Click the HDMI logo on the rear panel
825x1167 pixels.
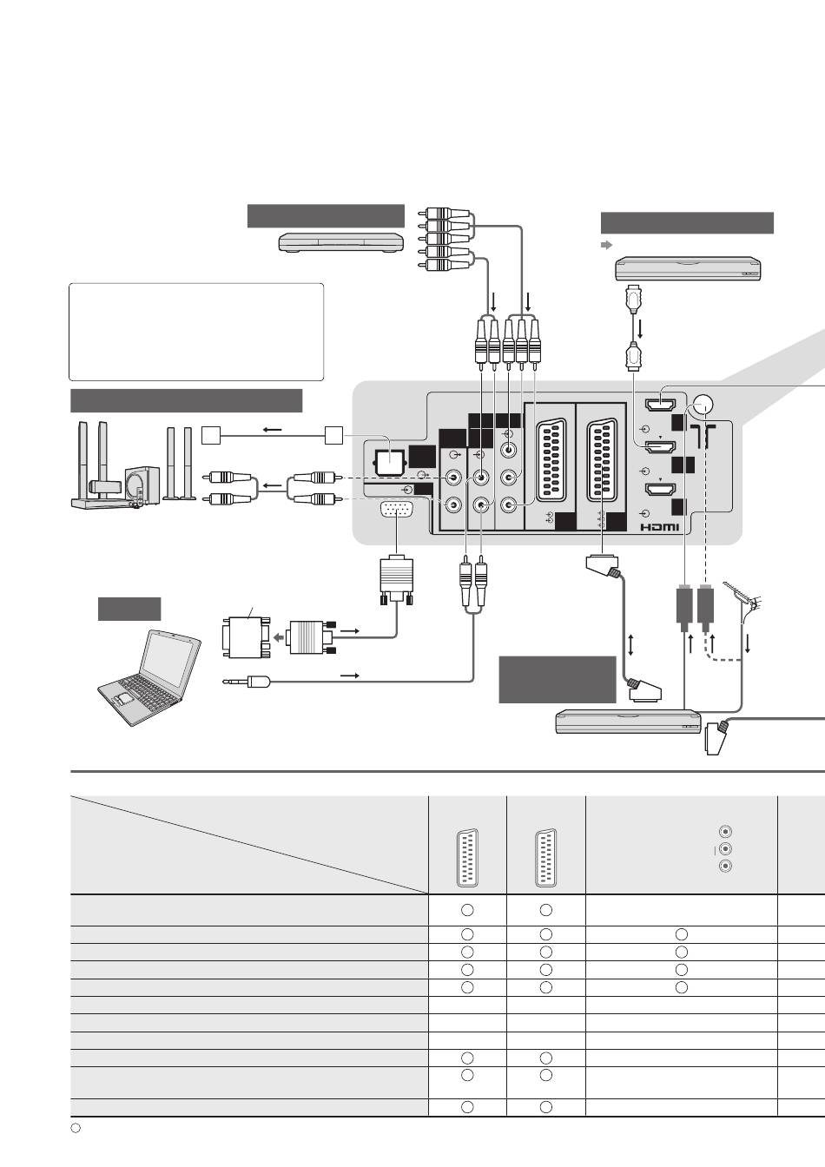[x=659, y=527]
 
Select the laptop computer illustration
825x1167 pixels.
[x=149, y=678]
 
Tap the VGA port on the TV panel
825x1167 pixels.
[x=397, y=510]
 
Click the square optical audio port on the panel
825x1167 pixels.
[x=386, y=463]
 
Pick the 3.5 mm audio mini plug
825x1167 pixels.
[x=247, y=682]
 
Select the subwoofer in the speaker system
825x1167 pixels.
[x=142, y=485]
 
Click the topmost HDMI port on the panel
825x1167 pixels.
[x=660, y=405]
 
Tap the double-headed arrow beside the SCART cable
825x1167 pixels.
[x=631, y=645]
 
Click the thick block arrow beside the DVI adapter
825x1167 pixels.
[x=280, y=637]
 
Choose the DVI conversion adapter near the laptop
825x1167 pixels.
[x=246, y=637]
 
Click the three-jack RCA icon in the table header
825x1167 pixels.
[x=725, y=849]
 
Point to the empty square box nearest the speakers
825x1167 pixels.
[x=211, y=435]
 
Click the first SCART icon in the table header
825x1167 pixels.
[x=467, y=858]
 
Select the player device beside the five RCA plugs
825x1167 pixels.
[x=342, y=242]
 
